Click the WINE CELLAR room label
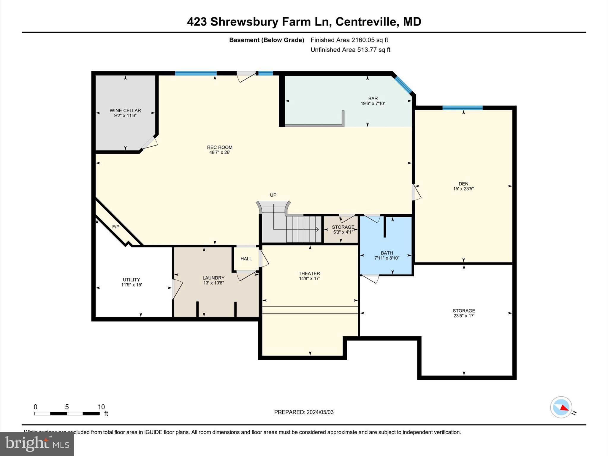click(125, 110)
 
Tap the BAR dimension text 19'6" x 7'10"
click(373, 104)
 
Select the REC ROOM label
click(219, 147)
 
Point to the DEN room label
click(463, 184)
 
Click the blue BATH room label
click(387, 253)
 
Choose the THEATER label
click(309, 273)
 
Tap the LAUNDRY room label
click(213, 278)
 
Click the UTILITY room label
click(131, 280)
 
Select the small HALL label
click(246, 259)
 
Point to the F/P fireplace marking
click(115, 227)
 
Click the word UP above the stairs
click(273, 195)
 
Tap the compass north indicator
click(561, 407)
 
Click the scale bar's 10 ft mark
click(101, 407)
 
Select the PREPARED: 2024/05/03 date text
click(303, 412)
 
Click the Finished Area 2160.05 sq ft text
click(349, 40)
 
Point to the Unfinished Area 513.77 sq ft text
click(350, 50)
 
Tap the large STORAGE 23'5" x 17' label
click(463, 311)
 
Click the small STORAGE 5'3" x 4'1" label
click(343, 227)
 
